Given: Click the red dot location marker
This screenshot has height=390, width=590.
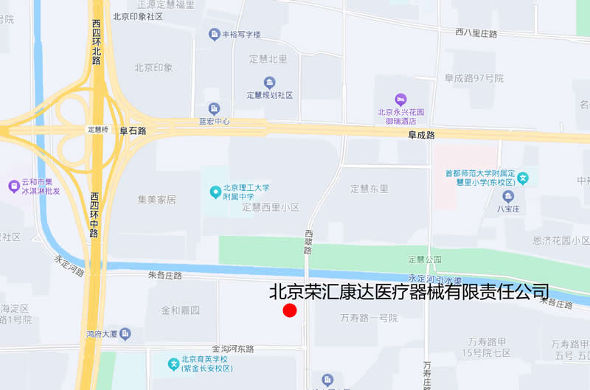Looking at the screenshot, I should pyautogui.click(x=290, y=310).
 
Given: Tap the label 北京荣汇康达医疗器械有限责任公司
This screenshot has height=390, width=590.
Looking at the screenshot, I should pyautogui.click(x=409, y=292).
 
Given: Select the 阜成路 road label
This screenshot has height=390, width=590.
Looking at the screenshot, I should pyautogui.click(x=421, y=135).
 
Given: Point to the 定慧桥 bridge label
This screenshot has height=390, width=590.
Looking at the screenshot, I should pyautogui.click(x=98, y=130).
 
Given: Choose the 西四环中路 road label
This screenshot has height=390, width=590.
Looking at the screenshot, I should pyautogui.click(x=94, y=215).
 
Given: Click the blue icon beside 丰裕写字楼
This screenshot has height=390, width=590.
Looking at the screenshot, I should pyautogui.click(x=214, y=35).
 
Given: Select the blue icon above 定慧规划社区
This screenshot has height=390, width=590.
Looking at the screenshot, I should pyautogui.click(x=269, y=82).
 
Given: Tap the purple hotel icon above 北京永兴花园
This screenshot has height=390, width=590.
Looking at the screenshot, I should pyautogui.click(x=400, y=99).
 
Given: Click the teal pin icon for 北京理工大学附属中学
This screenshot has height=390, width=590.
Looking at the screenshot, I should pyautogui.click(x=215, y=192).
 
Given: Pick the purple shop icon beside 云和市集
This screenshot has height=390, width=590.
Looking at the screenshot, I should pyautogui.click(x=13, y=187).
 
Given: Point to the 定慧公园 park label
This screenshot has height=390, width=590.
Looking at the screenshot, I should pyautogui.click(x=424, y=259).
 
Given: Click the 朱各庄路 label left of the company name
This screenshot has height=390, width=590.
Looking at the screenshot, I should pyautogui.click(x=164, y=275).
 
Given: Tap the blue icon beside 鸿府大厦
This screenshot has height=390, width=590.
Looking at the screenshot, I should pyautogui.click(x=125, y=334).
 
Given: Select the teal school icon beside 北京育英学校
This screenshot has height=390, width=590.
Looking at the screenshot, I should pyautogui.click(x=174, y=363).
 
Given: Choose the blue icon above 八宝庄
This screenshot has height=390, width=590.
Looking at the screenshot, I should pyautogui.click(x=508, y=196).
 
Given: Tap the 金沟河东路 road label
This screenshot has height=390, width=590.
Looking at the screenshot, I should pyautogui.click(x=232, y=349).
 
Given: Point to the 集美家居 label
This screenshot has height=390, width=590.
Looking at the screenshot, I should pyautogui.click(x=156, y=199).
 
